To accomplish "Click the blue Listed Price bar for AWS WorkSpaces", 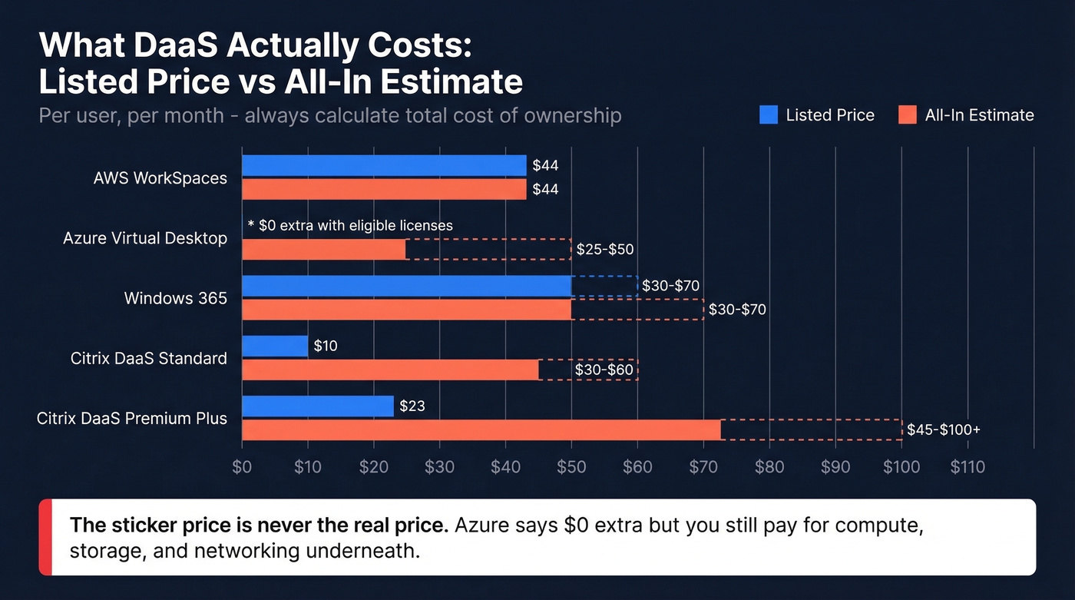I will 384,165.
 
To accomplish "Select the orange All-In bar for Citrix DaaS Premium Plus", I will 481,429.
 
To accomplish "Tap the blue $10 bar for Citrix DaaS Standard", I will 275,346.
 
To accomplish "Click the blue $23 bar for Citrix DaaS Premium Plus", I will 318,406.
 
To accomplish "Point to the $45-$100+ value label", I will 943,429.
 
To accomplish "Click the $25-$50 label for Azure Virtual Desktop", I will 605,249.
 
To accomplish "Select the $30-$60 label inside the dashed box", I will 604,370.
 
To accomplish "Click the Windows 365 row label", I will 176,298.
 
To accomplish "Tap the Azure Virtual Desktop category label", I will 145,238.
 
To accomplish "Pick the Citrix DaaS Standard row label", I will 149,358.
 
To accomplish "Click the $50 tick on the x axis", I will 571,467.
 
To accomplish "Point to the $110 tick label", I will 967,467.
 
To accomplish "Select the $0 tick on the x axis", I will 242,467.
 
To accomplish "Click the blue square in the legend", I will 769,115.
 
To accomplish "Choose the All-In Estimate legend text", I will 979,115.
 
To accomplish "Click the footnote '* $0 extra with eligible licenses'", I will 350,225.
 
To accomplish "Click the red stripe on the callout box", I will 45,537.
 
